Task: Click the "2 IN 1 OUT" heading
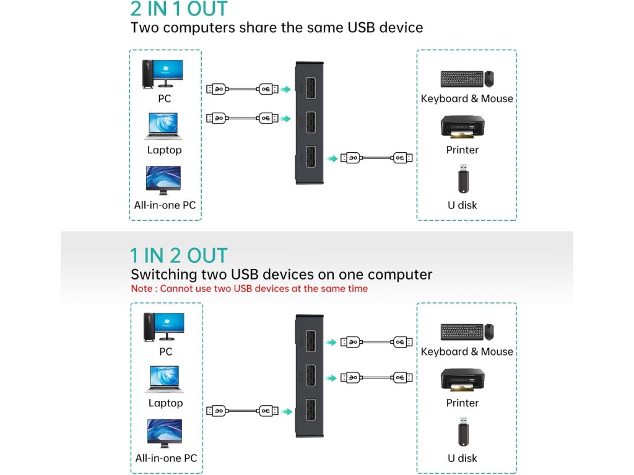click(179, 9)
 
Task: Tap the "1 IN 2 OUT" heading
click(179, 255)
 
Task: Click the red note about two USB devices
click(249, 289)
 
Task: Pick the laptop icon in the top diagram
click(163, 126)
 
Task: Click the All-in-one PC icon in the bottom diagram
click(165, 434)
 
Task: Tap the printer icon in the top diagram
click(462, 128)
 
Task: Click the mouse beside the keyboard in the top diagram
click(489, 79)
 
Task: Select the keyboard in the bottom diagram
click(461, 332)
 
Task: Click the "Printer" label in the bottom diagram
click(462, 403)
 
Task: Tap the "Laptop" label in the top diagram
click(164, 150)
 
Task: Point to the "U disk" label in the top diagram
click(462, 205)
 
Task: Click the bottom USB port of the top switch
click(310, 158)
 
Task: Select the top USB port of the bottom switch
click(310, 342)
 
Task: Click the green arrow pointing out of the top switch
click(333, 158)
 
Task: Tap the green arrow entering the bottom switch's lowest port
click(285, 410)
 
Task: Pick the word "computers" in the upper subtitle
click(199, 28)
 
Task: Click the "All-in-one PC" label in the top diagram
click(165, 205)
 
